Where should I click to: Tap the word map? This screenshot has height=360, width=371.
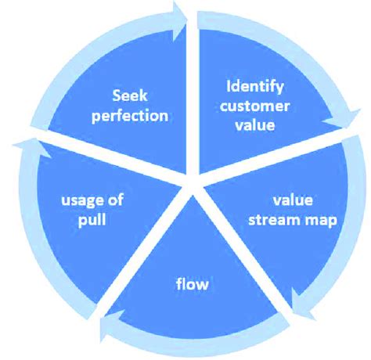pyautogui.click(x=322, y=220)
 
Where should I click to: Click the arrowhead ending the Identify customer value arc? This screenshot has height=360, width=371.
pyautogui.click(x=344, y=124)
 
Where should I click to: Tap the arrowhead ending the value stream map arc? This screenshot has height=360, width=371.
pyautogui.click(x=299, y=301)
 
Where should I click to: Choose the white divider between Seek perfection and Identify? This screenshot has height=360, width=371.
pyautogui.click(x=191, y=94)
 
